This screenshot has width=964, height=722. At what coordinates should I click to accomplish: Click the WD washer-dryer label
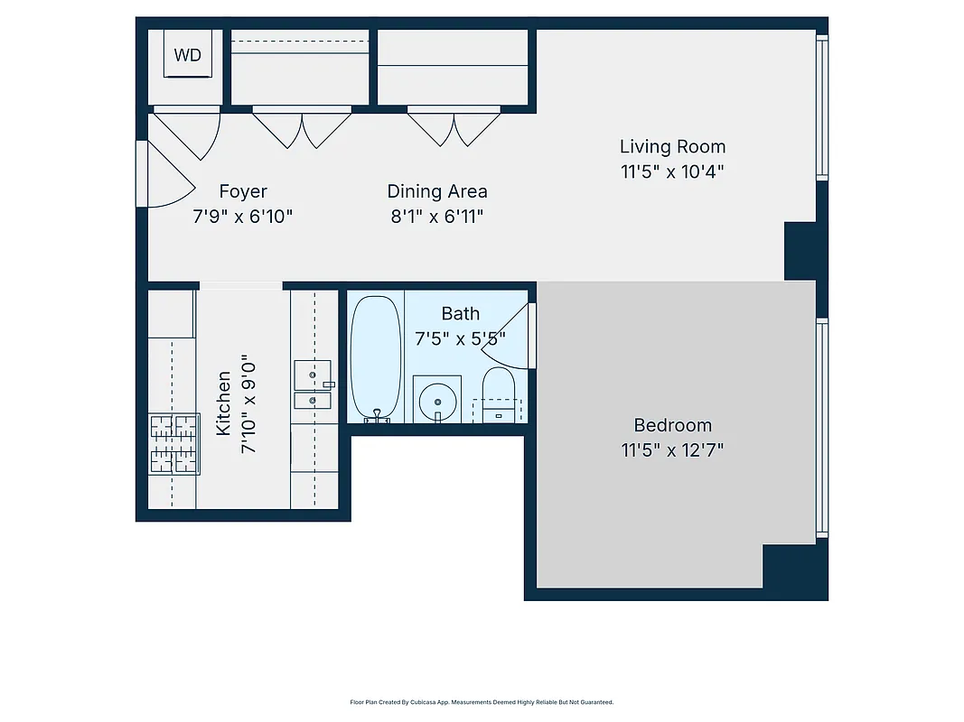point(188,55)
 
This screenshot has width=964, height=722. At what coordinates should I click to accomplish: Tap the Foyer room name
point(243,191)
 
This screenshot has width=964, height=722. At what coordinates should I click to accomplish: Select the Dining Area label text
point(437,191)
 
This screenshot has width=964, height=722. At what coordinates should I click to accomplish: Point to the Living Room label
point(672,146)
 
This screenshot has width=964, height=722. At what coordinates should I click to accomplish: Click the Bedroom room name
point(672,425)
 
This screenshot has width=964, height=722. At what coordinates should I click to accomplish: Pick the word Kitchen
point(223,403)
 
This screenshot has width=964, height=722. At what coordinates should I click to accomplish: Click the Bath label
point(460,314)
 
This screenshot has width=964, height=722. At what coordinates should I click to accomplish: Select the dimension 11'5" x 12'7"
point(672,450)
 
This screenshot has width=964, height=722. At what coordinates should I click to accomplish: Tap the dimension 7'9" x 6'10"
point(243,217)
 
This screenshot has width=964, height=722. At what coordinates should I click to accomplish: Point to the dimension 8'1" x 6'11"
point(437,217)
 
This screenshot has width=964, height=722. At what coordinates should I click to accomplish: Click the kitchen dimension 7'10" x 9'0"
point(250,403)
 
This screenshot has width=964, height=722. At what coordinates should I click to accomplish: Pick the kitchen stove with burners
point(173,443)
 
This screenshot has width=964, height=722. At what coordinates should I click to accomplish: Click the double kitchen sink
point(312,384)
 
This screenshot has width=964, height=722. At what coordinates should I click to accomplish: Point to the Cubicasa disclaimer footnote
point(482,701)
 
